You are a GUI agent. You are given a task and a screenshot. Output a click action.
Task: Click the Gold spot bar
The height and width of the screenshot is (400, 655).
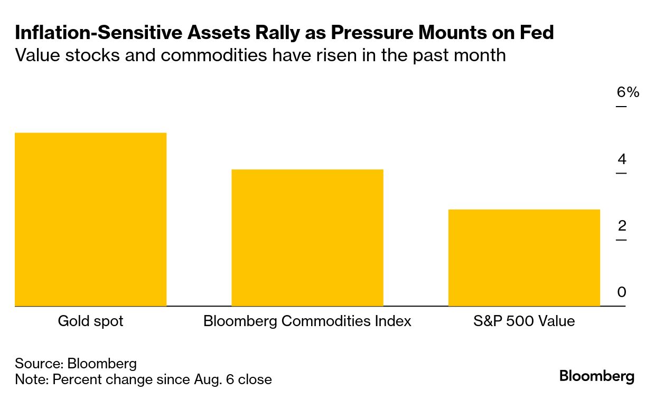coord(91,220)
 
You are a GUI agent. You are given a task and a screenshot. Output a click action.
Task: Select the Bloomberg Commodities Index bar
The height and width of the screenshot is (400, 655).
coord(307,238)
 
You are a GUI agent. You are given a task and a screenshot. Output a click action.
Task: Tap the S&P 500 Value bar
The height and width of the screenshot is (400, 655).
coord(524,258)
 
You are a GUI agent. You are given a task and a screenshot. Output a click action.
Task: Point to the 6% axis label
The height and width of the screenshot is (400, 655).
coord(628,92)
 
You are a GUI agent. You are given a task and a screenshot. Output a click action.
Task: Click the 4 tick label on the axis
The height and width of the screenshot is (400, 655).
coord(622,159)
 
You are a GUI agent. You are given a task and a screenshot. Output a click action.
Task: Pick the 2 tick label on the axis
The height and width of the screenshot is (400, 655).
coord(622,226)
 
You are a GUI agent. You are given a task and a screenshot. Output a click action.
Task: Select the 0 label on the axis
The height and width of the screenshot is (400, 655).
coord(622,292)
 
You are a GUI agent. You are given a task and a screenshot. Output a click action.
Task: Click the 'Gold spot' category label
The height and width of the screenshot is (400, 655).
coord(90,321)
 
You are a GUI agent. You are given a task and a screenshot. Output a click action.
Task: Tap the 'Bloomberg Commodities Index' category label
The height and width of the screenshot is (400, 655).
coord(307,321)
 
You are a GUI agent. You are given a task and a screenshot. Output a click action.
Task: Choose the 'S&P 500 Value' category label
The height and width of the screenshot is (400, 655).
coord(524,321)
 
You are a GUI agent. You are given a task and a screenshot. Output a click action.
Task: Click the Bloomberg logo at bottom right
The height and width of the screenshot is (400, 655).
coord(596,377)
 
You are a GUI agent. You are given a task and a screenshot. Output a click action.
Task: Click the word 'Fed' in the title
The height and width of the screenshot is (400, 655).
coord(537,32)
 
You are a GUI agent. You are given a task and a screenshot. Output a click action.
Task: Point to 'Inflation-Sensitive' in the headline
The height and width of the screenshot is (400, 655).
coord(99,32)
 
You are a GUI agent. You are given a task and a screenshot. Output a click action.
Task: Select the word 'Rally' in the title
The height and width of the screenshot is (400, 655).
coord(277,33)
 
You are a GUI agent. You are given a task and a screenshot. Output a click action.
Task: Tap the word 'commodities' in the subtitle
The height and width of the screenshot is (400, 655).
coord(214,55)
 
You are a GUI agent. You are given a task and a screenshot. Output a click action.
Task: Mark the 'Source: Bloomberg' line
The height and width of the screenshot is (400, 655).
coord(76,364)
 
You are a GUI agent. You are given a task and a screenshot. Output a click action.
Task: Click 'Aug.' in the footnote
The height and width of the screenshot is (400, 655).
coord(207,380)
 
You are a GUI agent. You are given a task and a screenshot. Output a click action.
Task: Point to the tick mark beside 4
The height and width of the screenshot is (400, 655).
coord(621,173)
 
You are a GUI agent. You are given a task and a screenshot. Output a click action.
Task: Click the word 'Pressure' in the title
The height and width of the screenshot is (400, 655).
coord(372,32)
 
